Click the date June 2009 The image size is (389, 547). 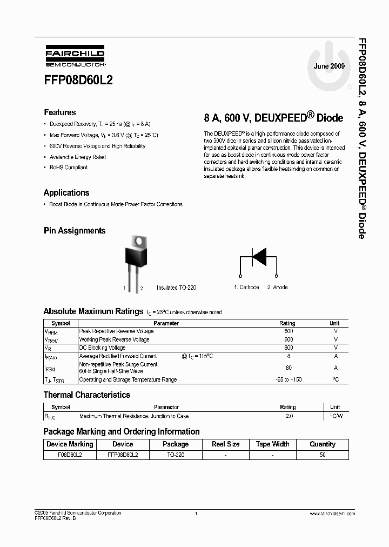tap(329, 65)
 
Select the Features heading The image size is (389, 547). tap(59, 112)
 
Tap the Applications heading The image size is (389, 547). tap(66, 192)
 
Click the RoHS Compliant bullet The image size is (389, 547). tap(68, 168)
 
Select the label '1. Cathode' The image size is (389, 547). tap(246, 288)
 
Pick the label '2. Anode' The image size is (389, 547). tap(278, 288)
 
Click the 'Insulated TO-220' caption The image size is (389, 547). tap(176, 288)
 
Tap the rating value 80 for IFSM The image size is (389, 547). tap(289, 368)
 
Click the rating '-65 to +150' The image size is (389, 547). tap(289, 379)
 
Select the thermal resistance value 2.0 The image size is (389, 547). tap(289, 416)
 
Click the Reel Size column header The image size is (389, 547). tap(225, 444)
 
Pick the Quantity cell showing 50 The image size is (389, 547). tap(323, 455)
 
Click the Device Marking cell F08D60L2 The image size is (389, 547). tap(70, 455)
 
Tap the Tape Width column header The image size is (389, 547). tap(272, 444)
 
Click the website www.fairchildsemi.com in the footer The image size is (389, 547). tap(332, 513)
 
